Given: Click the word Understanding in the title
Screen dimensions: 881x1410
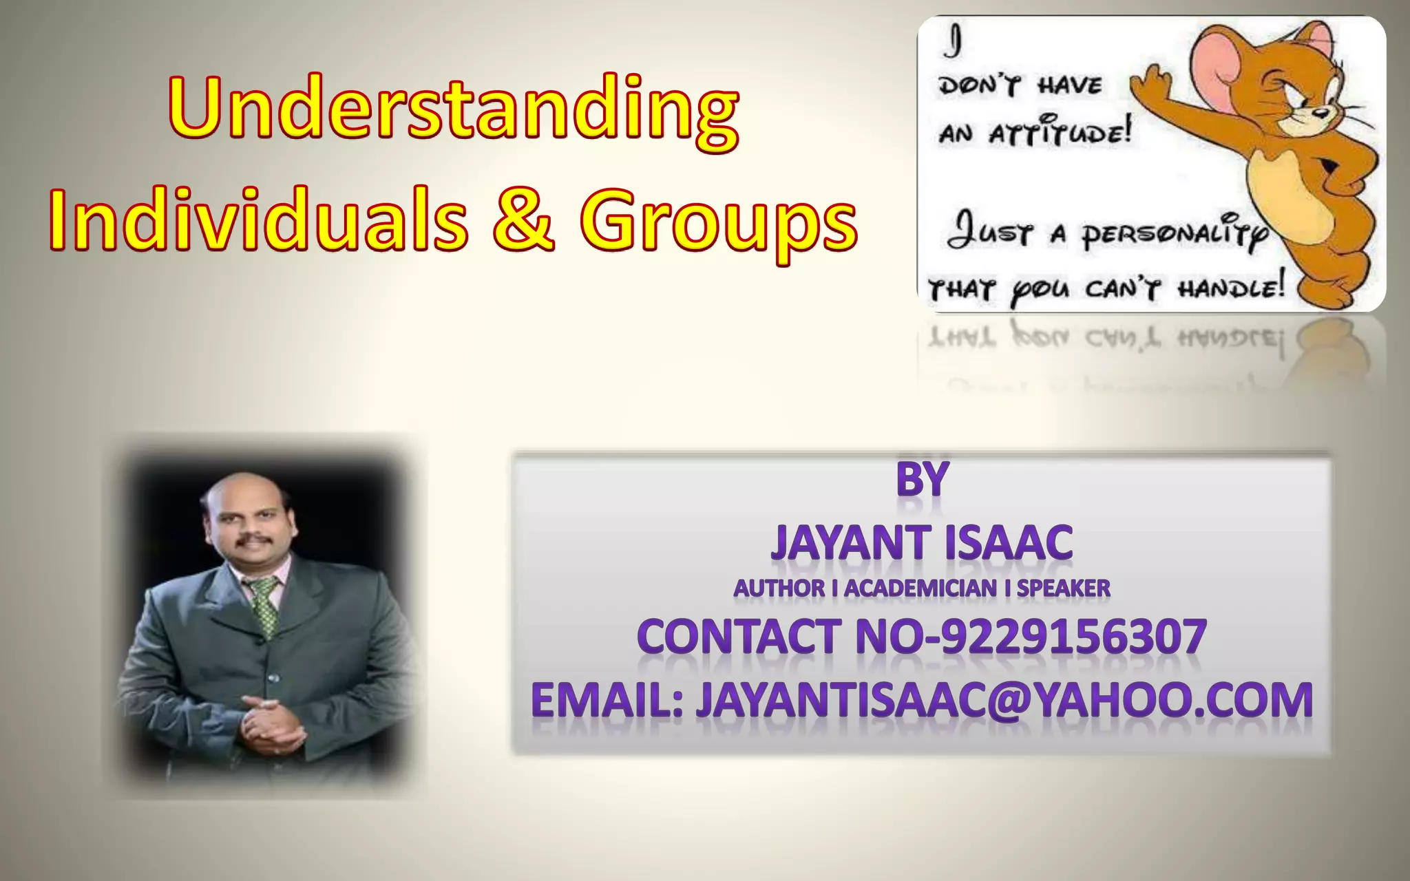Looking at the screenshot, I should (x=453, y=110).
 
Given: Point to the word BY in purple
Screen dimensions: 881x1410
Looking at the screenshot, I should (x=923, y=479).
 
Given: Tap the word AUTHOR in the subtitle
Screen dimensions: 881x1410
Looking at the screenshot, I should (x=779, y=588).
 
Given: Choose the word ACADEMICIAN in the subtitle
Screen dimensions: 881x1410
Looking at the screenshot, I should (x=920, y=588).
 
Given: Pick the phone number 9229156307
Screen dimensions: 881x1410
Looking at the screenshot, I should (x=1074, y=636).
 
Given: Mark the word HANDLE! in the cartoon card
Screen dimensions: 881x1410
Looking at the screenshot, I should (x=1231, y=287).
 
